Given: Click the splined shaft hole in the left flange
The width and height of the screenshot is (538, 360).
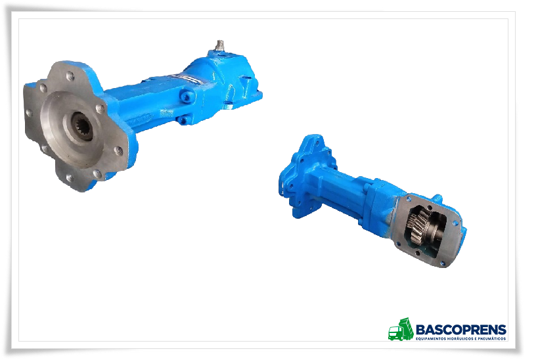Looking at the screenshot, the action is click(x=82, y=126).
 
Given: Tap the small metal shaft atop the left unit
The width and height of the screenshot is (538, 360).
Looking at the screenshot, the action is click(x=219, y=45).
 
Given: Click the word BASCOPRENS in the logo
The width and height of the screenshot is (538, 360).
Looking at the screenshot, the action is click(x=461, y=330).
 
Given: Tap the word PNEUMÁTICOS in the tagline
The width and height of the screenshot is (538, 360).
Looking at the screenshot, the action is click(x=495, y=339).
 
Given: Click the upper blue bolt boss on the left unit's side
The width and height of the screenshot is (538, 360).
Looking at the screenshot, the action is click(x=187, y=97).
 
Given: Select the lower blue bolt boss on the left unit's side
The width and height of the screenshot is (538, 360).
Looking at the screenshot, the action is click(x=182, y=120).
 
